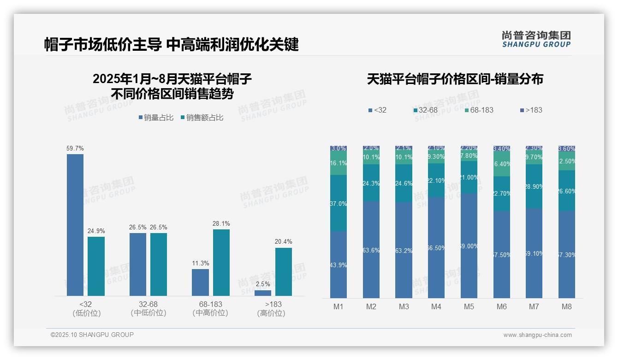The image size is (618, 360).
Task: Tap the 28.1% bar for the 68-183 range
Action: pos(221,263)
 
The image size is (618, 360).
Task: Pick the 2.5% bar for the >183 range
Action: pos(263,293)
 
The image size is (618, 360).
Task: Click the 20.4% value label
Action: pos(284,242)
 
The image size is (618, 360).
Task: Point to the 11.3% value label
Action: pos(201,264)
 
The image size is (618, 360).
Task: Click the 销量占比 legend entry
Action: pos(156,118)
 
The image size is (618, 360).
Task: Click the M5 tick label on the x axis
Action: pos(469,307)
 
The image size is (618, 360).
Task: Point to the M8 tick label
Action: pos(567,307)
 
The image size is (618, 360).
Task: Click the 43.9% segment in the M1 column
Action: pos(339,265)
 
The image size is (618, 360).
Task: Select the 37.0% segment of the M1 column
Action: pos(339,203)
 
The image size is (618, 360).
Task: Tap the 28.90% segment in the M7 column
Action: pos(534,186)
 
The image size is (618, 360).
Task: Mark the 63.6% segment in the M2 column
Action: pos(371,250)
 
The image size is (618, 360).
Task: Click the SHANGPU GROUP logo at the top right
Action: pos(536,39)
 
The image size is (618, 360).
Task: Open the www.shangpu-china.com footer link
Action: pos(537,335)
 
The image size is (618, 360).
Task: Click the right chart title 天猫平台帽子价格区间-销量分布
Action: pos(455,79)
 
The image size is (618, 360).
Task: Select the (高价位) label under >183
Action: pos(271,313)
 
